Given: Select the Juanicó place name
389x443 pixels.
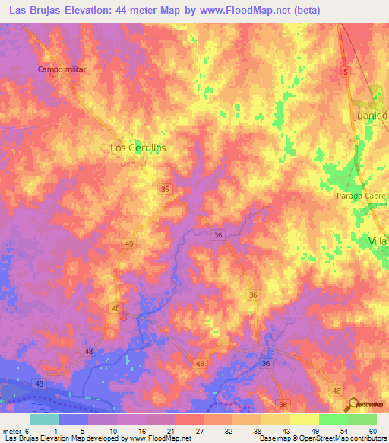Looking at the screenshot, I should [371, 116].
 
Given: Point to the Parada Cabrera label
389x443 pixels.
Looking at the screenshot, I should [362, 196].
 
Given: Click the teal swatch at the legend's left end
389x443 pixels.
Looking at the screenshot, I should [44, 419].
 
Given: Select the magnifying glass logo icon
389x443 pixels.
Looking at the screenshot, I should [353, 404].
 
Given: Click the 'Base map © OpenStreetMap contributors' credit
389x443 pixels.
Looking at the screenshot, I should [322, 438].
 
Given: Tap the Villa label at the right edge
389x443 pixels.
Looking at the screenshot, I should [378, 241].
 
